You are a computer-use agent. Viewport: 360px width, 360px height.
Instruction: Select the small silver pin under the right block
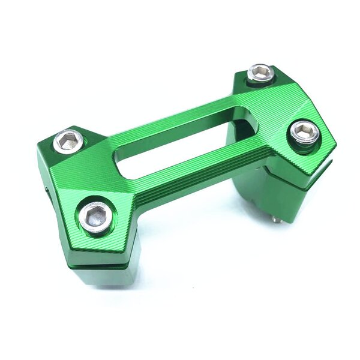[275, 219]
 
